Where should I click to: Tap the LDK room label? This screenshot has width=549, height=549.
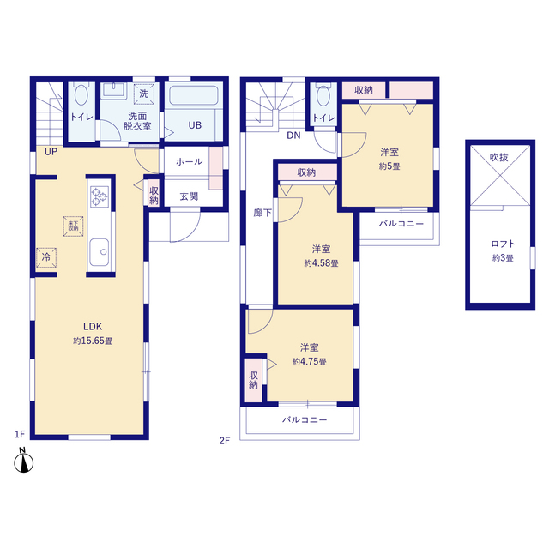(x=93, y=327)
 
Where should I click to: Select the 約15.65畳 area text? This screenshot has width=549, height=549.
(x=93, y=341)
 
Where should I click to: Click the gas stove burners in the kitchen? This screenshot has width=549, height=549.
(x=100, y=196)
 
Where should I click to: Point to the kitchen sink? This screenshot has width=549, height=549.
(x=100, y=252)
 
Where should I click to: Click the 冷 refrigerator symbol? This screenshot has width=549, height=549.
(x=46, y=257)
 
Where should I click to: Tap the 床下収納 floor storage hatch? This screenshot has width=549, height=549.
(x=73, y=226)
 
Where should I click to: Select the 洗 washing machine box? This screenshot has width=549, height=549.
(x=143, y=94)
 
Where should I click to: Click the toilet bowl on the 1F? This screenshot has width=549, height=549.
(x=81, y=94)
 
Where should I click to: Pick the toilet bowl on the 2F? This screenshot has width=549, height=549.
(x=323, y=94)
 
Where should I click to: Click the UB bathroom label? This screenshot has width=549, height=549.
(x=195, y=125)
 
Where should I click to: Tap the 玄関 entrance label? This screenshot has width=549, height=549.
(x=189, y=196)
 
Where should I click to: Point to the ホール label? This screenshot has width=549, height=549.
(x=189, y=161)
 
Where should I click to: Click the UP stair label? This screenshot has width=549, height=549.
(x=51, y=152)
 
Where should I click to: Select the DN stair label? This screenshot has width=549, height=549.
(x=293, y=136)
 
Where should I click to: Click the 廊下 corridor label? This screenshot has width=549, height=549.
(x=262, y=213)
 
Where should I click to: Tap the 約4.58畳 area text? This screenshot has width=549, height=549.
(x=321, y=263)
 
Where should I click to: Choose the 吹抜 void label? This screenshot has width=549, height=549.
(x=499, y=158)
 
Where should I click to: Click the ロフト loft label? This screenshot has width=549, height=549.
(x=503, y=244)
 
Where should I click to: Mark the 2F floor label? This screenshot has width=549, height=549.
(x=225, y=440)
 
